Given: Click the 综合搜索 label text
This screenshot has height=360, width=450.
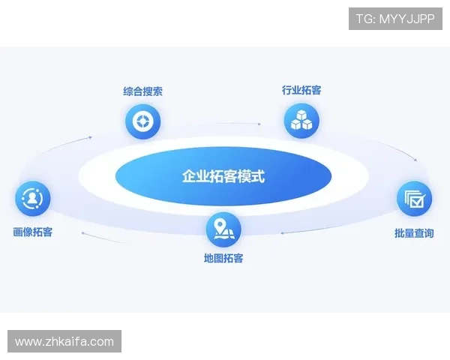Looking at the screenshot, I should (x=143, y=91).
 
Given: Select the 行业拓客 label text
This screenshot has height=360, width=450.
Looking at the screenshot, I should (x=301, y=90).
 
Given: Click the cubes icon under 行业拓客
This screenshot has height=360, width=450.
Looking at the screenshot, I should (x=301, y=120).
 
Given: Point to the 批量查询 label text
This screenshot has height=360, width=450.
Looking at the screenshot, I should (x=414, y=233).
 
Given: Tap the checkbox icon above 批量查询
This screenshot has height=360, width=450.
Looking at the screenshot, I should (x=414, y=199).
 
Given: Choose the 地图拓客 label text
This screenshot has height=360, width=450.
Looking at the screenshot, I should (x=223, y=259).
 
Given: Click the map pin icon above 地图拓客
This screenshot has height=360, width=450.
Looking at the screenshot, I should (x=223, y=229).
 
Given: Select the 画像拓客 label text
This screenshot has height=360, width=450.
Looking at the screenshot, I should (x=33, y=232).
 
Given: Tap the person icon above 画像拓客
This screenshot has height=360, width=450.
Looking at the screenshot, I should (x=33, y=199).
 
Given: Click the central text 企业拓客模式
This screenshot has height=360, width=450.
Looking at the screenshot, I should (x=223, y=177).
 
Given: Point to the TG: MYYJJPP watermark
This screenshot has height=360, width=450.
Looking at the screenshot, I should (x=395, y=18).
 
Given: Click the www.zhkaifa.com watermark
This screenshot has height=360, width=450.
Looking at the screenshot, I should (x=64, y=342).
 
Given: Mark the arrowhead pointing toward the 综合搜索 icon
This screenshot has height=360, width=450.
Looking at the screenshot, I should (x=91, y=137).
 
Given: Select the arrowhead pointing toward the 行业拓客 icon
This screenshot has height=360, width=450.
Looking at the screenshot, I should (x=259, y=123).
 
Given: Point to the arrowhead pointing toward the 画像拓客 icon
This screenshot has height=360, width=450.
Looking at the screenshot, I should (x=82, y=234).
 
